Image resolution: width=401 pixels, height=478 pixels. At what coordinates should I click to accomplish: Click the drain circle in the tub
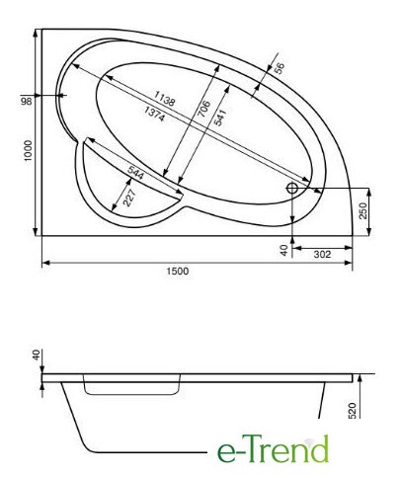[x=292, y=189]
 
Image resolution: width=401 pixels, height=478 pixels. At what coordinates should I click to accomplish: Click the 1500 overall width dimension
[x=178, y=271]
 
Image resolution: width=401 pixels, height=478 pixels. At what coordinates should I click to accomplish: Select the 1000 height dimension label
[x=28, y=151]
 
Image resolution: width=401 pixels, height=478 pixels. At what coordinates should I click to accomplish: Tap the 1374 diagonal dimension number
[x=154, y=114]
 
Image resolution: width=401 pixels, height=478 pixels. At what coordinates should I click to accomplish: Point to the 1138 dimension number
[x=164, y=99]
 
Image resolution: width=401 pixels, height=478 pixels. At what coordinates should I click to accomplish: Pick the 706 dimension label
[x=203, y=109]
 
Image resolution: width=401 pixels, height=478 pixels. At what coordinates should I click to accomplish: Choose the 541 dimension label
[x=220, y=118]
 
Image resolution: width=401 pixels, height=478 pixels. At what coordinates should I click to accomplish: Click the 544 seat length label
[x=135, y=173]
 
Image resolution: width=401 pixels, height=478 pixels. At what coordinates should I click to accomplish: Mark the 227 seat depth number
[x=128, y=198]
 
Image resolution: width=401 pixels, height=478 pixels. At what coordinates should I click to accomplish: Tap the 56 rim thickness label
[x=279, y=68]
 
